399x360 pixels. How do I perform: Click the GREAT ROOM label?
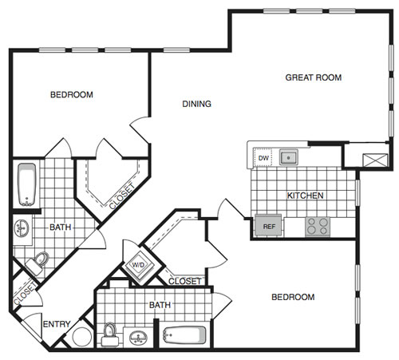pyautogui.click(x=314, y=77)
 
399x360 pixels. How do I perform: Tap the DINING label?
pyautogui.click(x=196, y=104)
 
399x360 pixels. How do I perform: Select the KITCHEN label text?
pyautogui.click(x=305, y=196)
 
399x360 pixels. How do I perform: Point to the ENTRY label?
pyautogui.click(x=57, y=324)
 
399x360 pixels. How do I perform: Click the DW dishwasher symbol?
pyautogui.click(x=263, y=158)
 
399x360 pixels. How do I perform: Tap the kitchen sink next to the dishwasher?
pyautogui.click(x=289, y=157)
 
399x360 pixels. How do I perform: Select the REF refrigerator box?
pyautogui.click(x=268, y=226)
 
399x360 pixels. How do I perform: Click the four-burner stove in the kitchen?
pyautogui.click(x=318, y=226)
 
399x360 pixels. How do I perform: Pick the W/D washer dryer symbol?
pyautogui.click(x=139, y=265)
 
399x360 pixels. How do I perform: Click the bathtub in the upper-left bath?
pyautogui.click(x=27, y=184)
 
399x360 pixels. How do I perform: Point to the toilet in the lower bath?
pyautogui.click(x=110, y=334)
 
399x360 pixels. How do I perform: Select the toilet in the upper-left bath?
pyautogui.click(x=38, y=263)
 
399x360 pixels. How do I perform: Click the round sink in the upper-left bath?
pyautogui.click(x=22, y=228)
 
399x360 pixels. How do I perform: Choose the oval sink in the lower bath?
pyautogui.click(x=138, y=338)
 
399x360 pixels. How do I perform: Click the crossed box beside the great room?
pyautogui.click(x=375, y=160)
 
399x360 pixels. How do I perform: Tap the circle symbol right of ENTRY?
pyautogui.click(x=82, y=337)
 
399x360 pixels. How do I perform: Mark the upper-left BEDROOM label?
pyautogui.click(x=72, y=95)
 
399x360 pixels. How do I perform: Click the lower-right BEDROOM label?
pyautogui.click(x=293, y=297)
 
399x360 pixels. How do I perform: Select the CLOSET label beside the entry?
pyautogui.click(x=25, y=294)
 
